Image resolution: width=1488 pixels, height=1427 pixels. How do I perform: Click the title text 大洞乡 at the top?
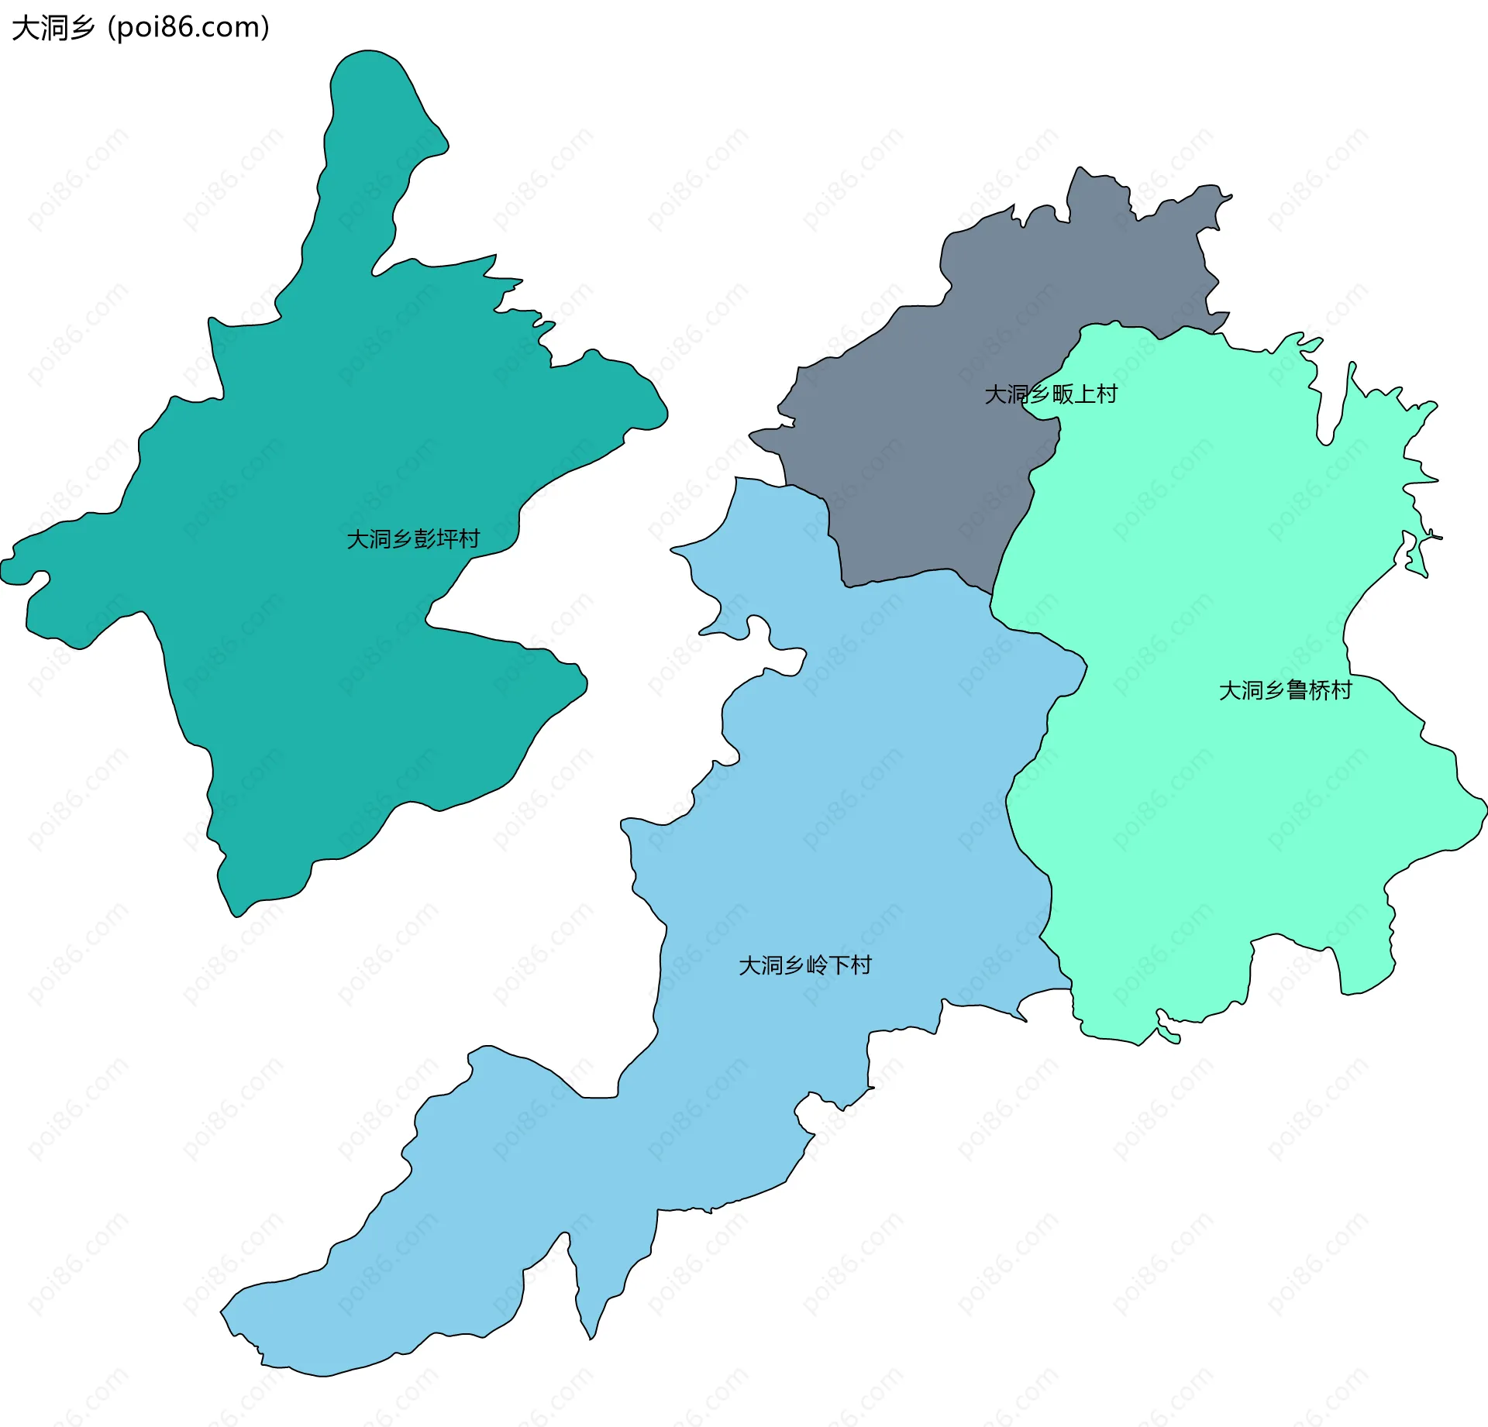[53, 28]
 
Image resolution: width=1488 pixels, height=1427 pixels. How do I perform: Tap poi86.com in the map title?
[188, 28]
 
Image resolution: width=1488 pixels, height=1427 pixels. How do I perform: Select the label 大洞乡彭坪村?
[413, 538]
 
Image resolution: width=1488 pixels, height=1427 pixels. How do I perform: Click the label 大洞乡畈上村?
[1051, 394]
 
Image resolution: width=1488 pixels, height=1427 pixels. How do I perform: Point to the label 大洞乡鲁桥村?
[1286, 689]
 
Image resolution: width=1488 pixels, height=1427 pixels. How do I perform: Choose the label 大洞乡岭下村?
[805, 965]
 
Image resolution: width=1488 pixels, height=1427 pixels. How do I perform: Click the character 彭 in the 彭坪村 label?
[425, 538]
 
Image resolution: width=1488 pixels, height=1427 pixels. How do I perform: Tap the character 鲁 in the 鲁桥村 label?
[1297, 689]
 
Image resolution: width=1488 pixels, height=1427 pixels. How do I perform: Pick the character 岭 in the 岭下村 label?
[817, 965]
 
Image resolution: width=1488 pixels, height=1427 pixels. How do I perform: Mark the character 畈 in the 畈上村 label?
[1063, 394]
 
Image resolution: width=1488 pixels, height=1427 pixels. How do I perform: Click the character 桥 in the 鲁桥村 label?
[1320, 689]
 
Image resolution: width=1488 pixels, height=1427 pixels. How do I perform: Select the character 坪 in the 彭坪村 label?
[447, 538]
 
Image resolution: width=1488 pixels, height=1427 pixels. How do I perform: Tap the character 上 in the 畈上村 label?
[1085, 394]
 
